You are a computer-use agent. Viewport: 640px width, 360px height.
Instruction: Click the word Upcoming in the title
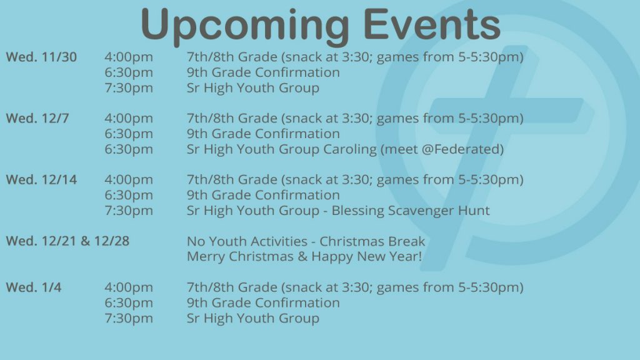point(245,25)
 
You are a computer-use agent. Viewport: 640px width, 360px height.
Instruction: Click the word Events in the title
point(432,24)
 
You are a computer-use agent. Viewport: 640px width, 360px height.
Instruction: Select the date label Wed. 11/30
point(41,57)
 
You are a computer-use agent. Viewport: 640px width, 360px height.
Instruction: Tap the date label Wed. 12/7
point(37,118)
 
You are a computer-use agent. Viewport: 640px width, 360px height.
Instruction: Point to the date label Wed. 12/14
point(41,179)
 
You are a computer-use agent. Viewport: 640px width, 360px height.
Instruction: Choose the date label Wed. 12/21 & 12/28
point(67,241)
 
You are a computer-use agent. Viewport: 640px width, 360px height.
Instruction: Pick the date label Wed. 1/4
point(34,287)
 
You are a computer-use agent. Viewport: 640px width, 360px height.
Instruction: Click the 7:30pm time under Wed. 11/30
point(129,88)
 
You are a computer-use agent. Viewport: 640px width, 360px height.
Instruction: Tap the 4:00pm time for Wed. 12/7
point(129,118)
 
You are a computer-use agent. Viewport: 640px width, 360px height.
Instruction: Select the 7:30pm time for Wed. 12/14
point(129,211)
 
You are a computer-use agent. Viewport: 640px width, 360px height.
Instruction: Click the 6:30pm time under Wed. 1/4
point(129,303)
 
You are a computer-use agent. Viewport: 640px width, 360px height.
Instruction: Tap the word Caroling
point(350,150)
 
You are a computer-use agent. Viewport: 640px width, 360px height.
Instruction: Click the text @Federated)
point(462,149)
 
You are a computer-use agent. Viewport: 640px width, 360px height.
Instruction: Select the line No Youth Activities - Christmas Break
point(306,241)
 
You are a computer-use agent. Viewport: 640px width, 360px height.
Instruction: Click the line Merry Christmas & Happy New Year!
point(304,257)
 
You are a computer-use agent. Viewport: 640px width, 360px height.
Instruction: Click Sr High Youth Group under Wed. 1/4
point(252,318)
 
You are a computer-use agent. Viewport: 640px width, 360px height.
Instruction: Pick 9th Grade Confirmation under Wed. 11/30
point(263,72)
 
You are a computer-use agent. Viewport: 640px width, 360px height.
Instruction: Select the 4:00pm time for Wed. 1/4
point(129,287)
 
